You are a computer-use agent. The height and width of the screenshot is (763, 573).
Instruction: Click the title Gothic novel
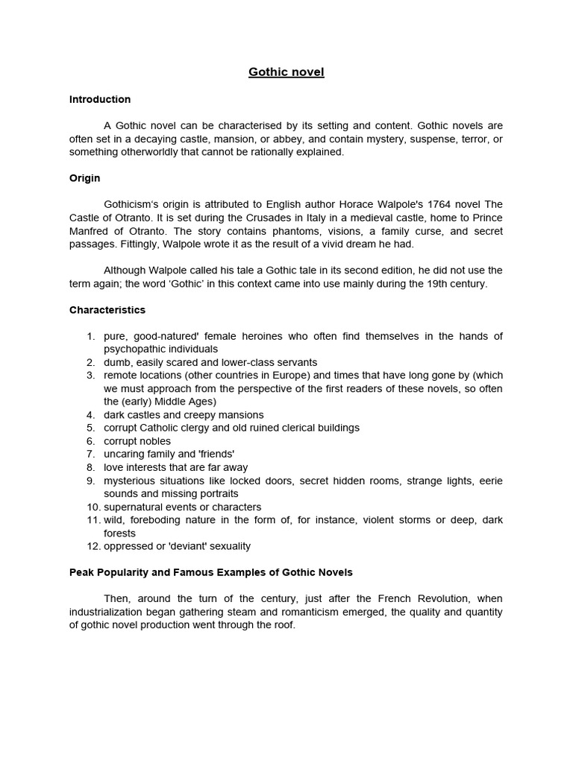coord(286,72)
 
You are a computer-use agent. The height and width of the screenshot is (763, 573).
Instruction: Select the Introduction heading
coord(100,99)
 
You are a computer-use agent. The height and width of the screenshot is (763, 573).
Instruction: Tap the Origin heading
coord(84,178)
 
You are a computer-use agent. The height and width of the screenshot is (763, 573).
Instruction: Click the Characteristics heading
coord(107,309)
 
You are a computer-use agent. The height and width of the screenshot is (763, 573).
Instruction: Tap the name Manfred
coord(90,231)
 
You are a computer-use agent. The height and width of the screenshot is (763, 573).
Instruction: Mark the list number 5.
coord(90,428)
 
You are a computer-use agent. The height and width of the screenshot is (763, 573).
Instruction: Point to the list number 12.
coord(93,546)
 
